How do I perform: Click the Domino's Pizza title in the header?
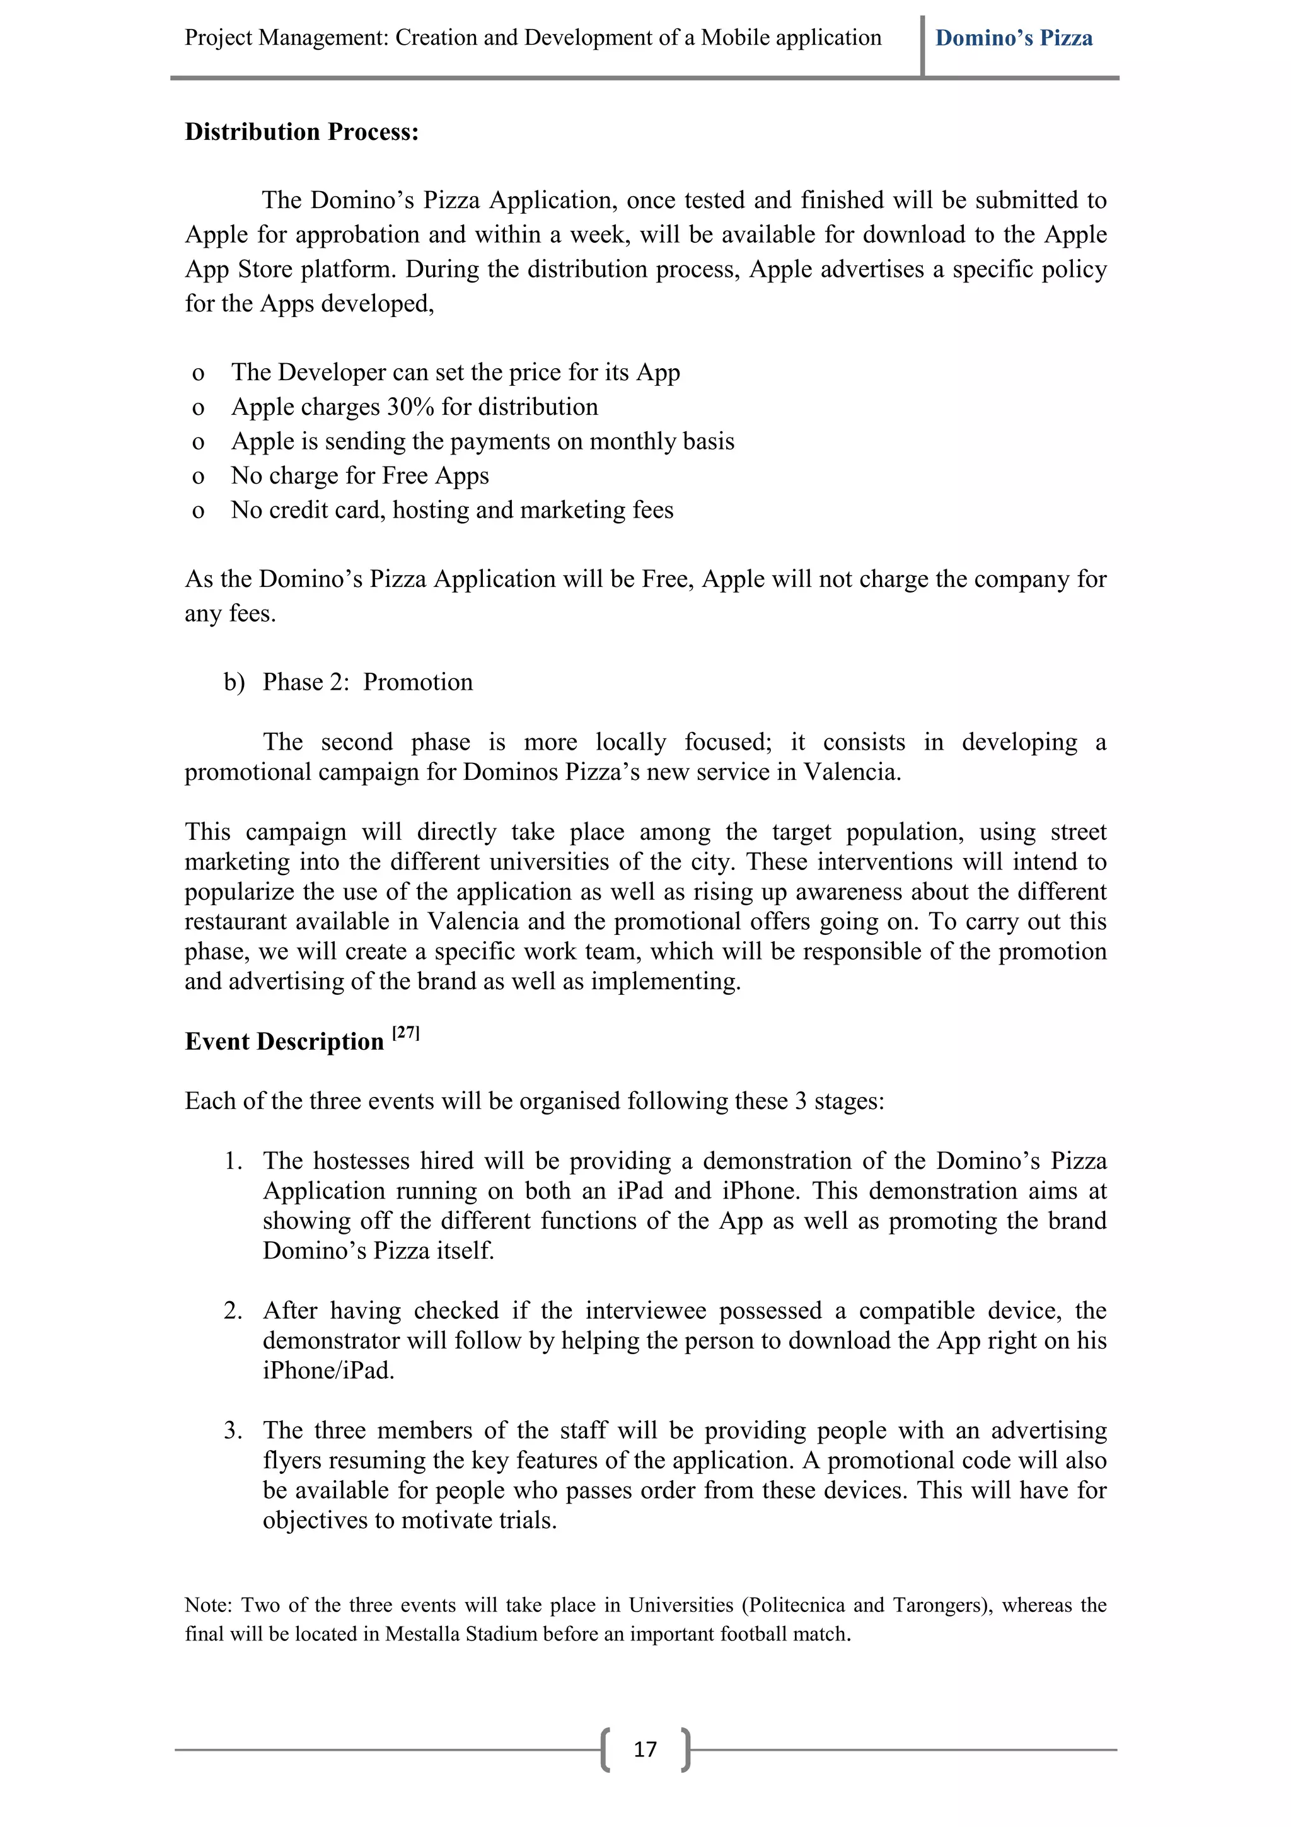(x=1014, y=38)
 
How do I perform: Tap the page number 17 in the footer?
(x=645, y=1749)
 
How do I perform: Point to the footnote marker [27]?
(x=406, y=1032)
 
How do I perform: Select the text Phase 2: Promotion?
(x=368, y=682)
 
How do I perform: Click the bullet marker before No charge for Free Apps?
(x=198, y=477)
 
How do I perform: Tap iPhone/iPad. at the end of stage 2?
(x=328, y=1371)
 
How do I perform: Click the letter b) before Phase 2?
(x=234, y=682)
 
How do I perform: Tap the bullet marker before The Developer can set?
(x=198, y=373)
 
